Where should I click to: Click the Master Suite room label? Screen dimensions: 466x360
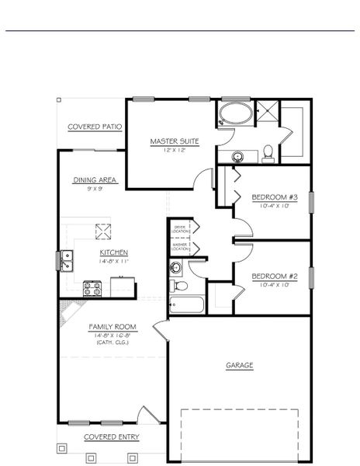[175, 141]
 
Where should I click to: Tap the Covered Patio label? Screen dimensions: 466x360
[95, 126]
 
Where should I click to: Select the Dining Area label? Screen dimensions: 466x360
[95, 179]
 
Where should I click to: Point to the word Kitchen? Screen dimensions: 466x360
[113, 252]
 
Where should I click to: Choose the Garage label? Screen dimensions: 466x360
[239, 364]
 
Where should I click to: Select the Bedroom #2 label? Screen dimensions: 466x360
[270, 276]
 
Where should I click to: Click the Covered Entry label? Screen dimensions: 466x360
[112, 436]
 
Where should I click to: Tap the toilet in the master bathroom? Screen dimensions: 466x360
[267, 153]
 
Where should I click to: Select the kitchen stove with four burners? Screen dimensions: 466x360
[93, 289]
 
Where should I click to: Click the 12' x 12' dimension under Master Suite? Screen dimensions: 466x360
[175, 149]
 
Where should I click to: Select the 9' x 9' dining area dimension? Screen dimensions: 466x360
[95, 187]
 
